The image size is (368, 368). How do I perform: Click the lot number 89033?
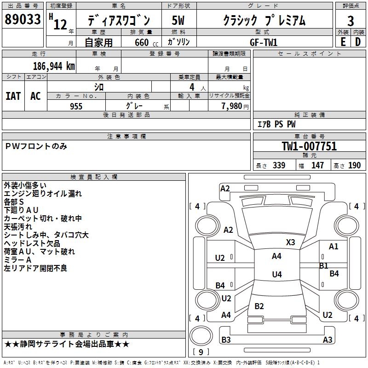pyautogui.click(x=23, y=19)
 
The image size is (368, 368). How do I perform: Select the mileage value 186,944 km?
pyautogui.click(x=54, y=66)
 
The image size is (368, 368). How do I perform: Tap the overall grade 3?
pyautogui.click(x=351, y=21)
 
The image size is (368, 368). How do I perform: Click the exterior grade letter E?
pyautogui.click(x=343, y=42)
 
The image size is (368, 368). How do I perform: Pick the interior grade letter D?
pyautogui.click(x=358, y=42)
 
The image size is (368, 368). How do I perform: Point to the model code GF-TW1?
pyautogui.click(x=264, y=42)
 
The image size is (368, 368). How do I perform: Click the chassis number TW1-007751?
pyautogui.click(x=309, y=146)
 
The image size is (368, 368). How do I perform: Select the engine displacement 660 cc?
pyautogui.click(x=146, y=42)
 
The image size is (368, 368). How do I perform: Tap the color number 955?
pyautogui.click(x=76, y=106)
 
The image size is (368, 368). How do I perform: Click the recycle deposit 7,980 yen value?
pyautogui.click(x=235, y=106)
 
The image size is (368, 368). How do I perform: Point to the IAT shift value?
pyautogui.click(x=13, y=96)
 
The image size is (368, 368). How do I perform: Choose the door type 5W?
pyautogui.click(x=178, y=20)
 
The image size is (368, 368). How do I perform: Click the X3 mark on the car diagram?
pyautogui.click(x=290, y=242)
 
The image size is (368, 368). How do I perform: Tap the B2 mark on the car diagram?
pyautogui.click(x=259, y=306)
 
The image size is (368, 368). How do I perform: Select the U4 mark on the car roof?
pyautogui.click(x=277, y=274)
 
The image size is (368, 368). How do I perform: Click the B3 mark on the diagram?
pyautogui.click(x=226, y=339)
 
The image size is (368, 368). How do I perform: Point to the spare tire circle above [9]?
pyautogui.click(x=201, y=336)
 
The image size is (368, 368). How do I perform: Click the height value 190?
pyautogui.click(x=354, y=165)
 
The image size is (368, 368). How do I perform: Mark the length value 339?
pyautogui.click(x=279, y=165)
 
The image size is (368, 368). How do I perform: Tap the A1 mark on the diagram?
pyautogui.click(x=333, y=247)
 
